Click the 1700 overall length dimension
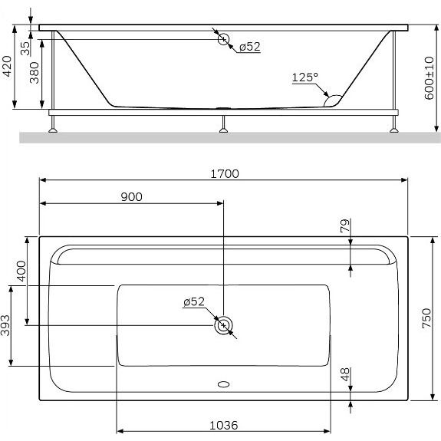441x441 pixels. click(225, 174)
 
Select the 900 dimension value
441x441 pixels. click(131, 197)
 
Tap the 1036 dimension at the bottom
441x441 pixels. click(224, 426)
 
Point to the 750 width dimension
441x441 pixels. click(426, 318)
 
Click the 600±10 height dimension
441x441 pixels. click(429, 78)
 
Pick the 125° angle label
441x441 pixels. click(305, 77)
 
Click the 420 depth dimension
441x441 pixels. click(7, 66)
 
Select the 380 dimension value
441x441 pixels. click(35, 73)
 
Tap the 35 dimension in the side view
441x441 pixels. click(25, 48)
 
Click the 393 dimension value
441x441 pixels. click(5, 325)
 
